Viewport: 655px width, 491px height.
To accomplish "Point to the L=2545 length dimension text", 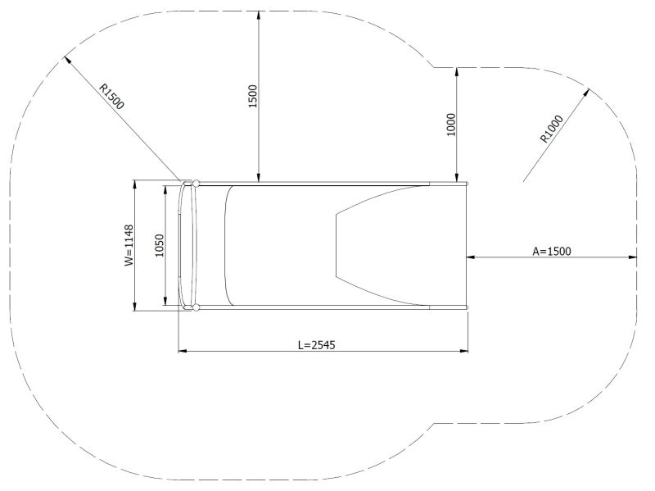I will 317,345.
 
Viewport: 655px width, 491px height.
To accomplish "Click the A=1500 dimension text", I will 551,252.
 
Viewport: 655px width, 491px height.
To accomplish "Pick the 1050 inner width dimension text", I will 160,245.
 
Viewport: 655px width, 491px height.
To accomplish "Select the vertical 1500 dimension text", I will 252,97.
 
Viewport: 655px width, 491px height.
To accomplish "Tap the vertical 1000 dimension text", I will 450,125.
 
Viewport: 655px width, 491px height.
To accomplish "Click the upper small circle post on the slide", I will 196,183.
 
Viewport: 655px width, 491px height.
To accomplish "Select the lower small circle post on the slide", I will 196,307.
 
